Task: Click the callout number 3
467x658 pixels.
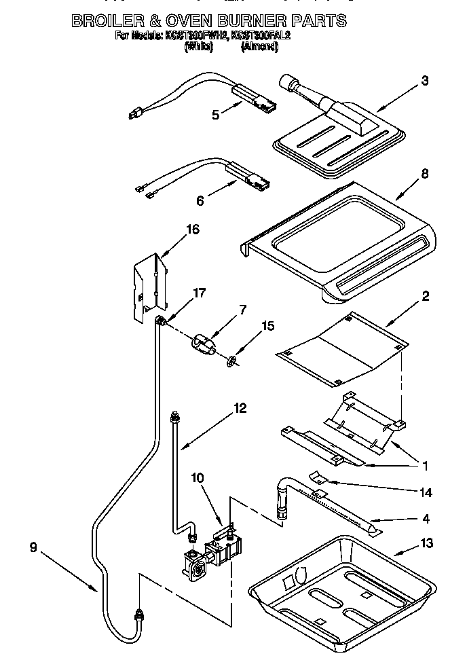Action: click(x=424, y=81)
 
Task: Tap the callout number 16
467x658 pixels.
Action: click(x=192, y=229)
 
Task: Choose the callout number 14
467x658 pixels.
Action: click(x=426, y=492)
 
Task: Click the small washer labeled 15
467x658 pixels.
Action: click(x=231, y=361)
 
